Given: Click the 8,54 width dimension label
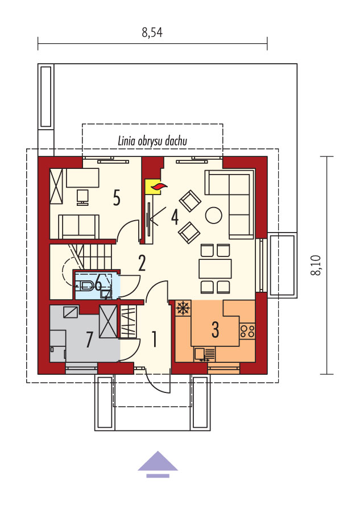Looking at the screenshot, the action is coord(152,32).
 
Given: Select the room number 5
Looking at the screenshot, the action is coord(117,197).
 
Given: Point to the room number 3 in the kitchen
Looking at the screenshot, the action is coord(215,329).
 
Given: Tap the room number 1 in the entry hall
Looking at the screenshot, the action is coord(155,339).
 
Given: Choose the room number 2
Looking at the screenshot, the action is coord(142,263).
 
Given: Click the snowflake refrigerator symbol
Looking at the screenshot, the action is coord(183,308).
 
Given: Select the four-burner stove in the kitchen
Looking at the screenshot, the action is coord(247,332).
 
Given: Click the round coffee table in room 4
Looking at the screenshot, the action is coord(214,215).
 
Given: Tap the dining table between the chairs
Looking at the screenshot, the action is coord(215,268).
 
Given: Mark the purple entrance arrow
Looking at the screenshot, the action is coord(158,464).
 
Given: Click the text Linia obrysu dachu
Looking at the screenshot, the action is coord(152,141).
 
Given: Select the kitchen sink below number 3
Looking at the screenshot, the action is coord(205,354).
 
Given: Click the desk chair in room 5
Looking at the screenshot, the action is coord(82,197).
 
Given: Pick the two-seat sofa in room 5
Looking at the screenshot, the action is coord(78,227).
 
